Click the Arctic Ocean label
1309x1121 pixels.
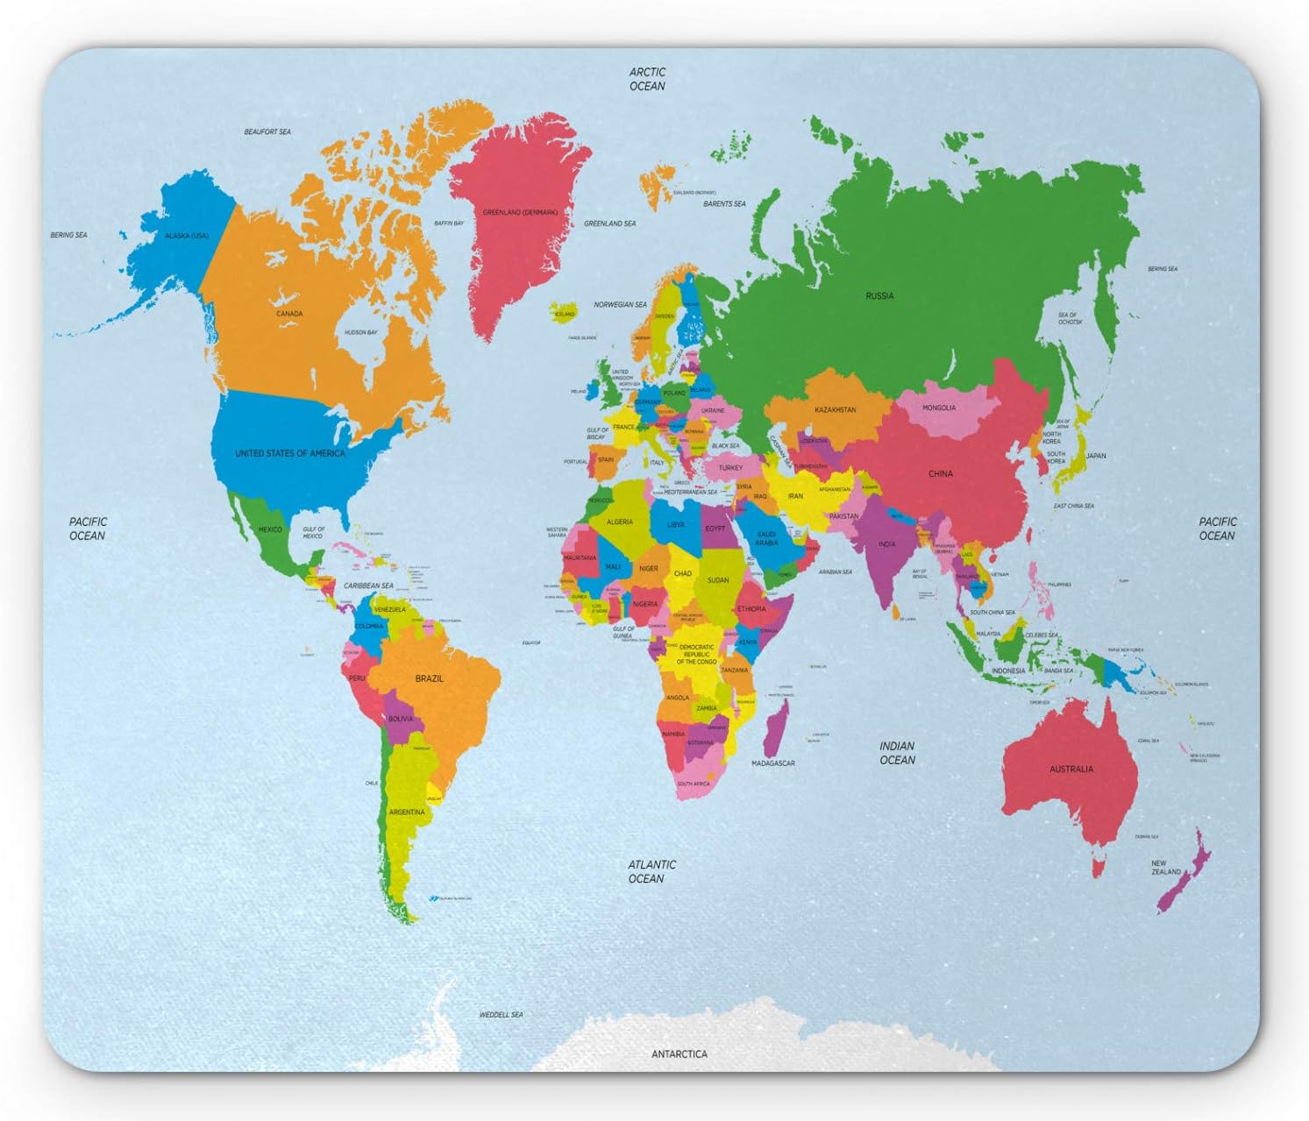click(647, 79)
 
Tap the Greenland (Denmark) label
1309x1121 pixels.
click(520, 212)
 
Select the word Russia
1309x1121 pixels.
click(879, 296)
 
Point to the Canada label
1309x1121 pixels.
click(289, 314)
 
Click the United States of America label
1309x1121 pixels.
click(289, 454)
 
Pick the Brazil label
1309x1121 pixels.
click(430, 678)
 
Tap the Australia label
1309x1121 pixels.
click(1071, 769)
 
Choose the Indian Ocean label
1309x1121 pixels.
click(897, 753)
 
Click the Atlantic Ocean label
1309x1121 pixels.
click(651, 871)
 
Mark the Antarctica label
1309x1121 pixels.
click(679, 1054)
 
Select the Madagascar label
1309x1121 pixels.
click(772, 763)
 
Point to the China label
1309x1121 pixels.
click(940, 474)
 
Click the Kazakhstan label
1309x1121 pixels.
click(835, 410)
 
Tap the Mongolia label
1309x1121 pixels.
click(939, 408)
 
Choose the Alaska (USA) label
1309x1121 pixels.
click(187, 236)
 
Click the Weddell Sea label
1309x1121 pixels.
click(501, 1015)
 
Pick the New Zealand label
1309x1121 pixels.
click(1165, 868)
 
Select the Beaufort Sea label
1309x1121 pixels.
click(267, 132)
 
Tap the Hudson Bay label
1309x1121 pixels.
click(360, 333)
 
